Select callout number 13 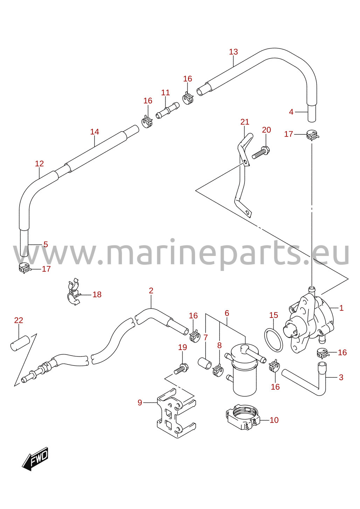point(233,52)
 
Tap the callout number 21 point(245,122)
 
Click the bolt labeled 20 point(261,153)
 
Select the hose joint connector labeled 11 point(167,110)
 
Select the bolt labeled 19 point(181,369)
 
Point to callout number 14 point(95,132)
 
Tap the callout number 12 point(39,163)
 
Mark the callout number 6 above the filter point(227,313)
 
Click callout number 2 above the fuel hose point(151,291)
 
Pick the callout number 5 point(46,244)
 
